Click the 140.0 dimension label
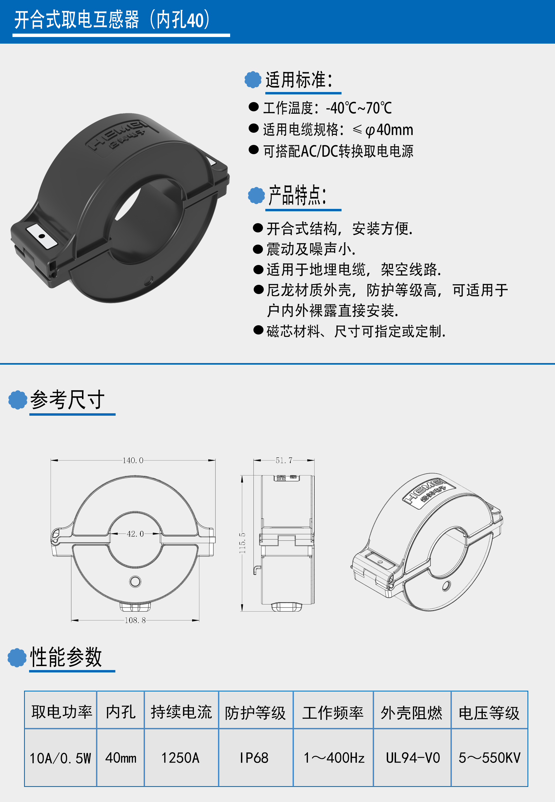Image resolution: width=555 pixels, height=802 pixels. click(x=133, y=460)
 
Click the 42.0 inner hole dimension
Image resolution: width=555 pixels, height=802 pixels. click(x=135, y=534)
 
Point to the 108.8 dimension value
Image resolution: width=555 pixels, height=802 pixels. click(x=135, y=620)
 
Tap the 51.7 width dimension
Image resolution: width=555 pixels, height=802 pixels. click(x=284, y=460)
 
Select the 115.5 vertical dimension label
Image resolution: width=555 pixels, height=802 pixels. click(x=242, y=543)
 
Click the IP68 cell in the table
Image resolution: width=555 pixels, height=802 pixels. click(x=254, y=758)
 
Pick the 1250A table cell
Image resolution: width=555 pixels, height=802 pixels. click(x=180, y=758)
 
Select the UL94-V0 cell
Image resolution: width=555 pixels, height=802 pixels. click(x=413, y=758)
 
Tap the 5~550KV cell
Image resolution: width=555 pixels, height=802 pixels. click(x=489, y=758)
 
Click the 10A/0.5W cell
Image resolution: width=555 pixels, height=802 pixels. click(x=60, y=758)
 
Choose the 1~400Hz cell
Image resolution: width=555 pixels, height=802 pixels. click(x=334, y=758)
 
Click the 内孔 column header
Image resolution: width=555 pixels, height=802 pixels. click(x=121, y=712)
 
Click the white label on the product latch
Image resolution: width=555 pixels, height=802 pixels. click(x=42, y=236)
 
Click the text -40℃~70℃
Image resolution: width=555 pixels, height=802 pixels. click(x=359, y=108)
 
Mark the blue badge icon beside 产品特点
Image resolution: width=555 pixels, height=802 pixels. click(x=257, y=195)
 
